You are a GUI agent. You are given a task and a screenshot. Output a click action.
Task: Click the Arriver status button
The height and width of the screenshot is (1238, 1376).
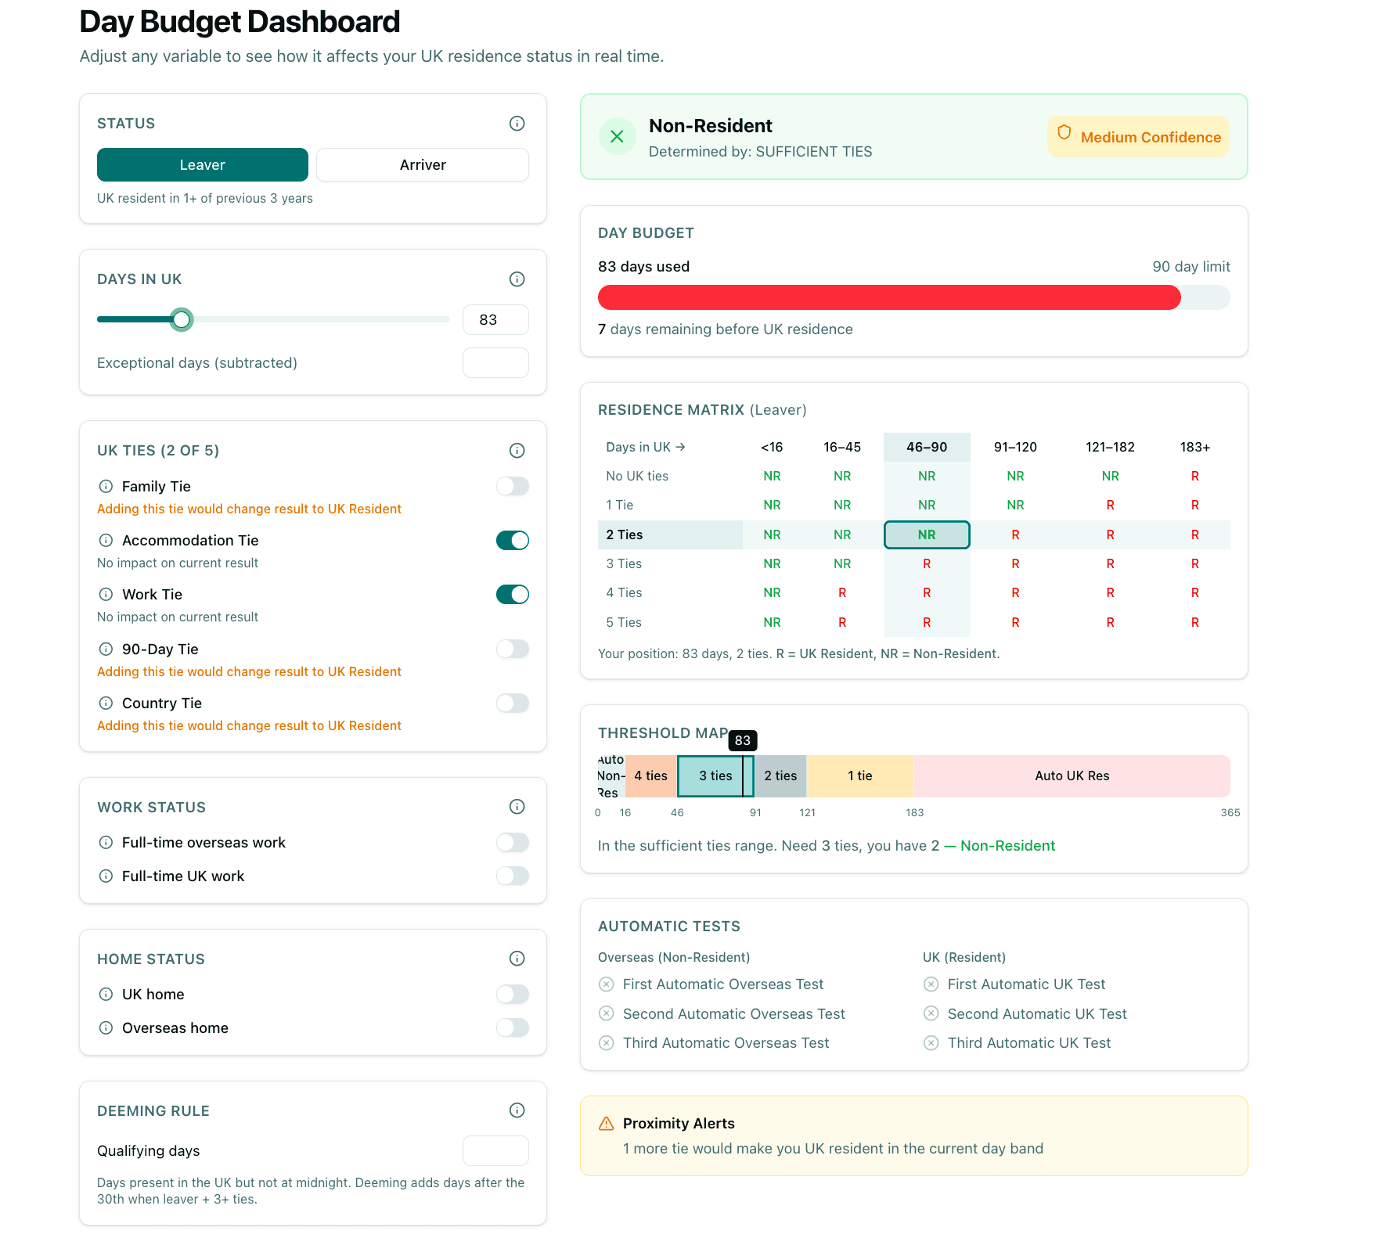coord(423,165)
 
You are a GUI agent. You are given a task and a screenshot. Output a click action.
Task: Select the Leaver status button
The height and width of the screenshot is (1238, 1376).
coord(203,165)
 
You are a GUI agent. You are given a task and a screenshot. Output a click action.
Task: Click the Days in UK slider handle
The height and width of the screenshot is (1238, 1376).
coord(182,319)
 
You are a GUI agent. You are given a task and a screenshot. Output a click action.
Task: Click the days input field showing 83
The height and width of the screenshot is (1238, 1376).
coord(495,320)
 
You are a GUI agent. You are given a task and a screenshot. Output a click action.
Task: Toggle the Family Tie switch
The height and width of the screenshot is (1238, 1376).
coord(513,486)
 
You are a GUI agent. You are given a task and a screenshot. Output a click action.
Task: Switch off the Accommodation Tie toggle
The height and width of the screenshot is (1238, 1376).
coord(513,541)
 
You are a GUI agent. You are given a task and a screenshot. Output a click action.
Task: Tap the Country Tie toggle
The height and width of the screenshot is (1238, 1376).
coord(513,703)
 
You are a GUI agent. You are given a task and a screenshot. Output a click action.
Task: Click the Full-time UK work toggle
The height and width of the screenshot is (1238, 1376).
coord(513,876)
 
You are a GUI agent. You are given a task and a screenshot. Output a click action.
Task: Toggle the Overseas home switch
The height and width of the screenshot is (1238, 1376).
coord(513,1027)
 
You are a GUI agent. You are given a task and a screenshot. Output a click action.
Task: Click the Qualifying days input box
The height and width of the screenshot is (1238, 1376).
coord(495,1150)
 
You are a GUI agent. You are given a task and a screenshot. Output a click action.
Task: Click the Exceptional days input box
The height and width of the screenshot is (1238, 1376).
coord(495,363)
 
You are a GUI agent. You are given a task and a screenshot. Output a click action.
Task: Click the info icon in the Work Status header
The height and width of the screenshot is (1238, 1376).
coord(517,807)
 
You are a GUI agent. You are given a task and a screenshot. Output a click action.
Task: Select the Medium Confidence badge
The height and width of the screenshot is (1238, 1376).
coord(1139,137)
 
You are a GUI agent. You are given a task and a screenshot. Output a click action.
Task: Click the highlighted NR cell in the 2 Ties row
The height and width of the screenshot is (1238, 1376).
coord(927,535)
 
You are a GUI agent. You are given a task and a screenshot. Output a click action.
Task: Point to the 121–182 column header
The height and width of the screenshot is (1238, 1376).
coord(1110,447)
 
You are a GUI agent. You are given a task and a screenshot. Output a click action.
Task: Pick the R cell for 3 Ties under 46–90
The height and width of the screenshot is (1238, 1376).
coord(927,564)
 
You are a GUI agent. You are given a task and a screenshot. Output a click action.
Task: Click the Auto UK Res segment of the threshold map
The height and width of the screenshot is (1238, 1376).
coord(1072,776)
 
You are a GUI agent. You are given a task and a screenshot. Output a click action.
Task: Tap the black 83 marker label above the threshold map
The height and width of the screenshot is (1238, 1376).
coord(742,740)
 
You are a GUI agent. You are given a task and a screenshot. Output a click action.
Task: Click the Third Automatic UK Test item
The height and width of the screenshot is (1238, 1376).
coord(1028,1043)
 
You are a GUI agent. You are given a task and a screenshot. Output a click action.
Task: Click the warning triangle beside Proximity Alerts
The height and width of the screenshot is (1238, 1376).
coord(607,1124)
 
